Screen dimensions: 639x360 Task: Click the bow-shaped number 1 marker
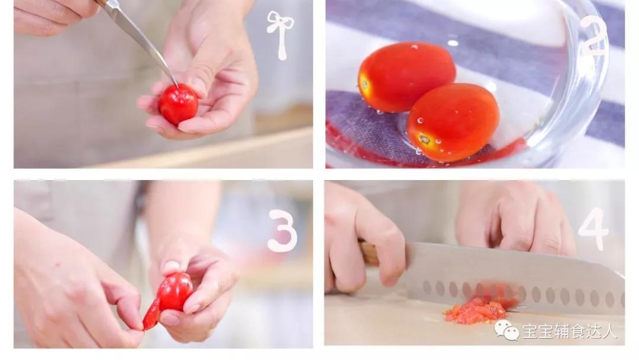coord(280,35)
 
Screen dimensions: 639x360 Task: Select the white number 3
coord(282,231)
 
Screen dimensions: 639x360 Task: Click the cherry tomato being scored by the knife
coord(178,104)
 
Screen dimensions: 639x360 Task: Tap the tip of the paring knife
coord(177,88)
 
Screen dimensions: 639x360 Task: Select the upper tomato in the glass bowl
coord(406,76)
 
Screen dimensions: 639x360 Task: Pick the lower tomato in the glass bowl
coord(453,122)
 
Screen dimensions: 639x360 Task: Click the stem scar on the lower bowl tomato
coord(424,140)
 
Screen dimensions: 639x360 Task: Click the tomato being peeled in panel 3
coord(175,291)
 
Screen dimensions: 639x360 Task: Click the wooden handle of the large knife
coord(369,253)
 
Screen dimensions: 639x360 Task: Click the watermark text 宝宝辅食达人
coord(570,331)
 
